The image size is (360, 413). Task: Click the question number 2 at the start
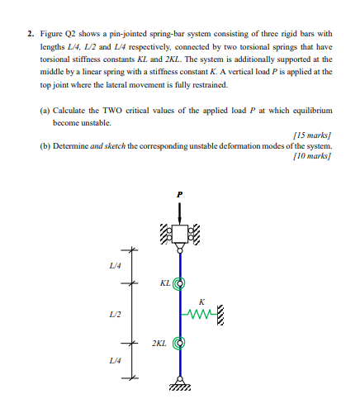coord(30,34)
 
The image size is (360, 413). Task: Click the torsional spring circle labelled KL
coord(178,282)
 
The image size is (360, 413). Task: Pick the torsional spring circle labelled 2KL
coord(178,341)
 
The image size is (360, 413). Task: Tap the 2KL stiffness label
coord(159,341)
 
